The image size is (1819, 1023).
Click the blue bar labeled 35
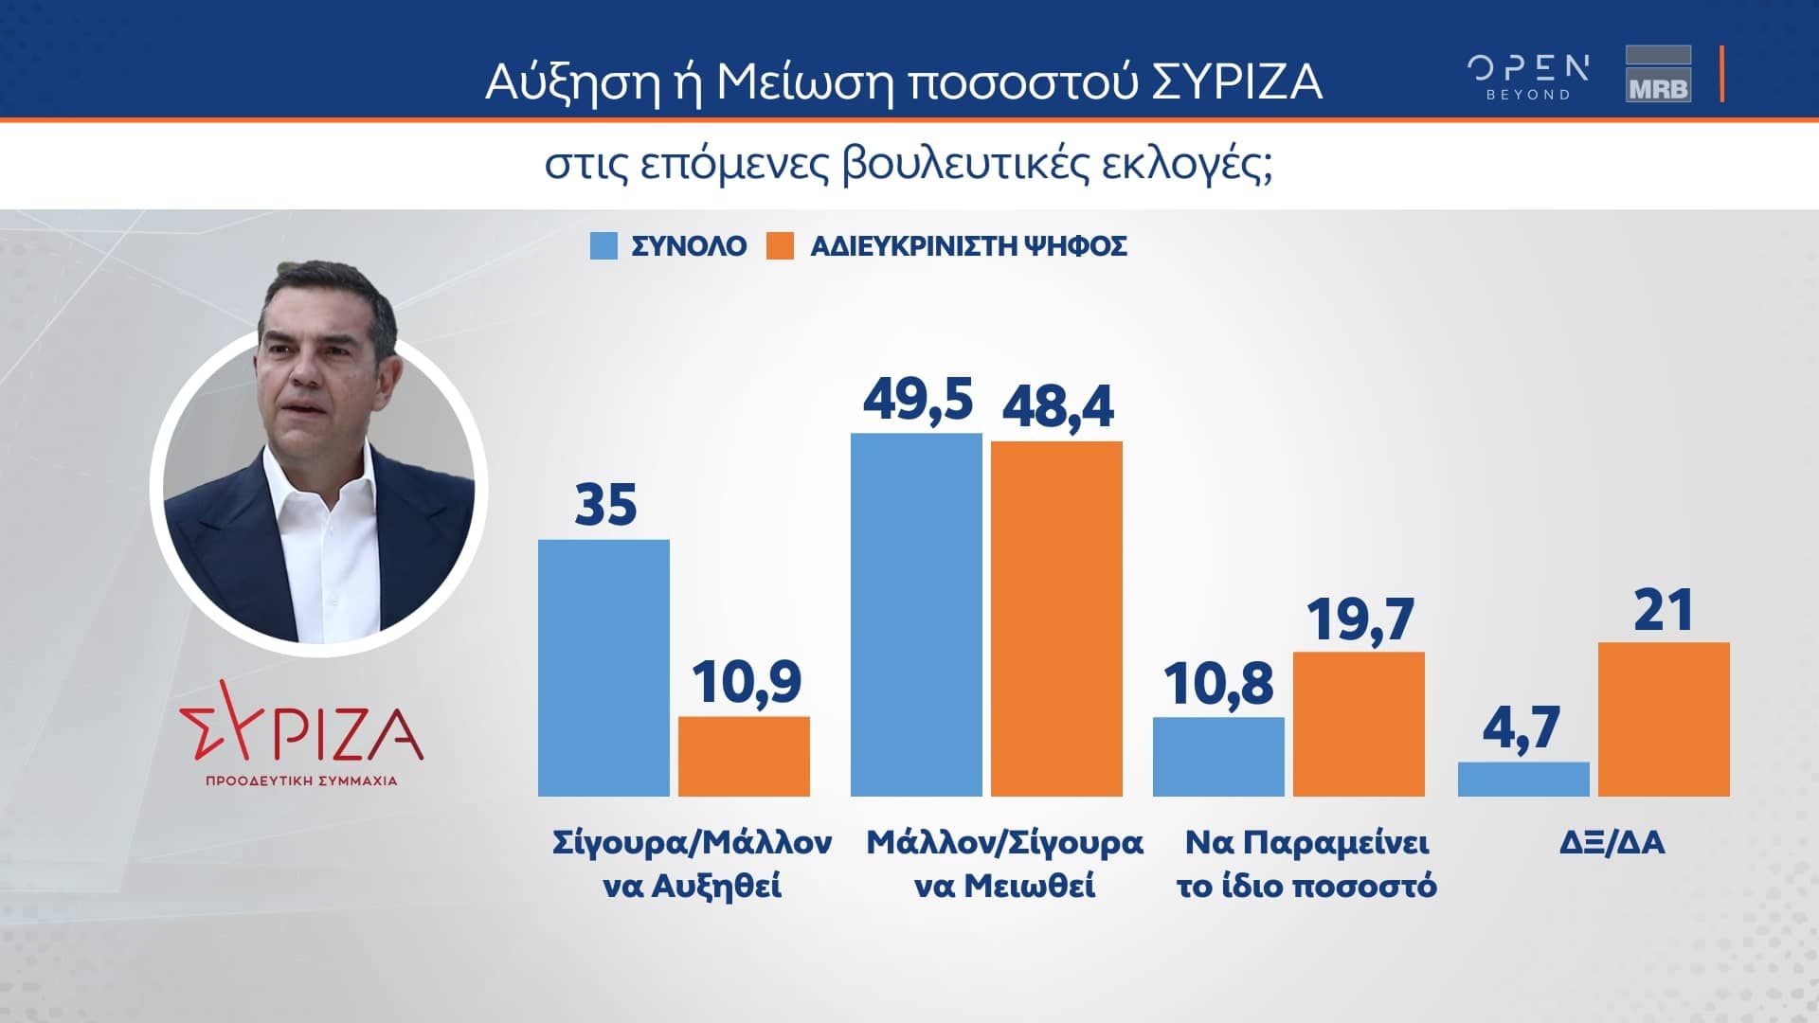point(603,668)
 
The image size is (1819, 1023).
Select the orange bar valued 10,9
point(744,756)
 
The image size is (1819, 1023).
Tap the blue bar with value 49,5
point(916,615)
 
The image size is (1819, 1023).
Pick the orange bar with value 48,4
point(1056,619)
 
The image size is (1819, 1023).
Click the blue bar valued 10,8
point(1218,756)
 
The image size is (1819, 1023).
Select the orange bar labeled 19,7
point(1359,724)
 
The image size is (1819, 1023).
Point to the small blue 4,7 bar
point(1523,779)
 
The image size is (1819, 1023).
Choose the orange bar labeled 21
point(1664,719)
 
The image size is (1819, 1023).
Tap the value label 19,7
point(1360,619)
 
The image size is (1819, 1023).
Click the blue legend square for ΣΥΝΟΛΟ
point(603,246)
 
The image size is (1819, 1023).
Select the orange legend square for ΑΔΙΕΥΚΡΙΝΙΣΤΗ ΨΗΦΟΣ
point(780,246)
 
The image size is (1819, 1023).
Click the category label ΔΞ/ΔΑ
point(1612,842)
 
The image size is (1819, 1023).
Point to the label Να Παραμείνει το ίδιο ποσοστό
point(1306,864)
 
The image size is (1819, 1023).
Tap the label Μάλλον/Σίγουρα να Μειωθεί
point(1004,864)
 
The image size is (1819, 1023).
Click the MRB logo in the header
point(1658,74)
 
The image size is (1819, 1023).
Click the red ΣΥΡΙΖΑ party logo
point(302,734)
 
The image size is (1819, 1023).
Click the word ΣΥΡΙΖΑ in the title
point(1236,82)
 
